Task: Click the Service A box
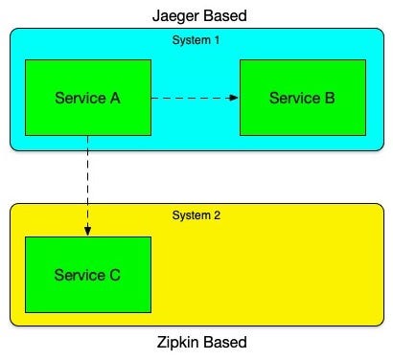87,98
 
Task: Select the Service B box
302,98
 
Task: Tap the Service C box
87,275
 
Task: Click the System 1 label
196,40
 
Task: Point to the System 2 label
196,215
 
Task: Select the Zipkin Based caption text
201,343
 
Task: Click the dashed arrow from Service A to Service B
192,98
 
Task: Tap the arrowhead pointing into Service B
234,98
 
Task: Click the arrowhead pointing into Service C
87,231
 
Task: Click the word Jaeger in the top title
173,15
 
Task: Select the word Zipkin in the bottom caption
178,343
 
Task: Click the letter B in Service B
328,98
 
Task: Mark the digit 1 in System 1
217,40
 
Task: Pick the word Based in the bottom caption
225,343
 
